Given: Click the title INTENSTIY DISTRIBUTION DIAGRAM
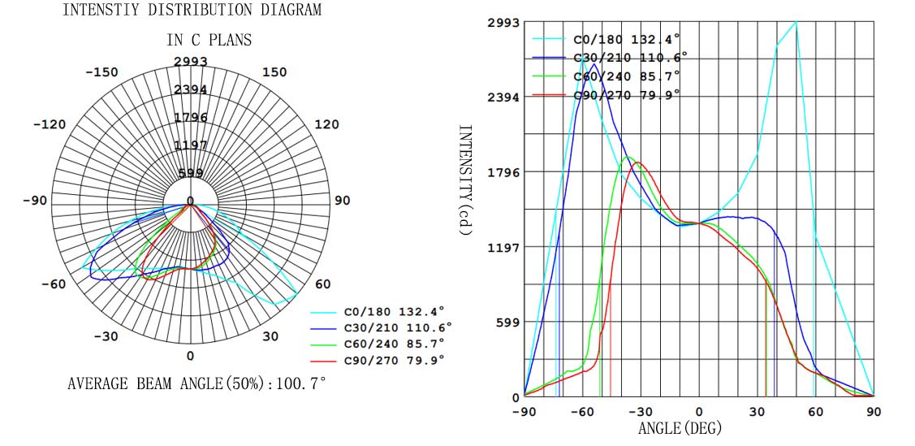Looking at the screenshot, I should coord(192,11).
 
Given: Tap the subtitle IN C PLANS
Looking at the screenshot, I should coord(209,40).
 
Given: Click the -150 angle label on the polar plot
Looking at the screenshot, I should coord(101,72).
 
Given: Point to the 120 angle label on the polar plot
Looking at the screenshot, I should coord(326,124).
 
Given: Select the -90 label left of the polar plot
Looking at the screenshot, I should coord(34,200).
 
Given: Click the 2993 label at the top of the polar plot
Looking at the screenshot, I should coord(191,62).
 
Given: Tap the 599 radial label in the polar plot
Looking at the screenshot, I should coord(191,172).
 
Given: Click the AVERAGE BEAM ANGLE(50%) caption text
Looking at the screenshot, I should coord(196,383).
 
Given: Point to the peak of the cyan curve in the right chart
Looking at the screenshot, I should coord(796,23).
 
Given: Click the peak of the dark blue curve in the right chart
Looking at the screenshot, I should coord(593,63).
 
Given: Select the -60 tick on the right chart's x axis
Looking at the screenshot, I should coord(582,412).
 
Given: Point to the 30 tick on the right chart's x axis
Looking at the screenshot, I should coord(757,412).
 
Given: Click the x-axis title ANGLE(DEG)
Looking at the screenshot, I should coord(680,428).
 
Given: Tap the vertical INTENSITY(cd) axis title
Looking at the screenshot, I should coord(465,180).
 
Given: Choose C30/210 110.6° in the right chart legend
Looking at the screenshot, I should coord(629,58).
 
